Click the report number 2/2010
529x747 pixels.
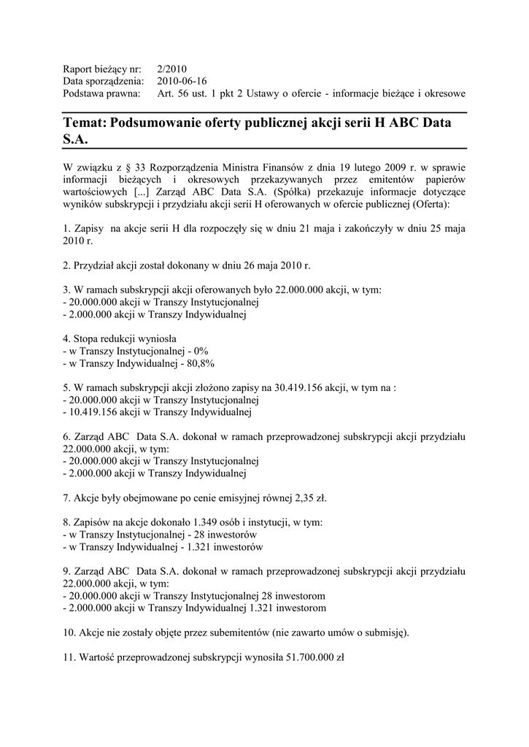click(172, 69)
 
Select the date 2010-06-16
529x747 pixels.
click(182, 81)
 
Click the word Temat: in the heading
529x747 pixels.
click(85, 123)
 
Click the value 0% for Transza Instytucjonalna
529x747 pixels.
click(196, 351)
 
